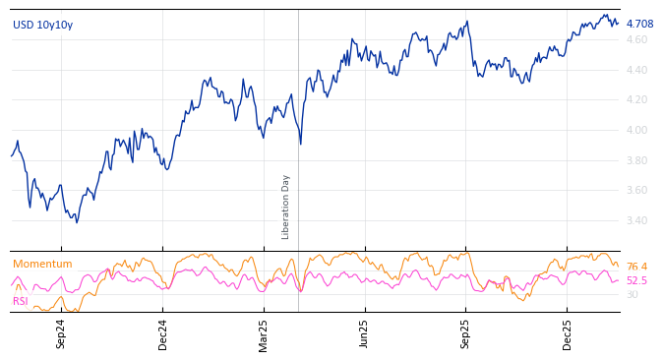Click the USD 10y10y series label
pos(42,25)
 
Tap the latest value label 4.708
pos(639,24)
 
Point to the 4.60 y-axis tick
pos(636,39)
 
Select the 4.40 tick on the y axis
pos(636,70)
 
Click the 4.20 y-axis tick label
pos(636,99)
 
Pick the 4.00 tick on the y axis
pos(636,130)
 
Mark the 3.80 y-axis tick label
pos(636,160)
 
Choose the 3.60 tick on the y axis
pos(636,190)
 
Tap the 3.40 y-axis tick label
pos(636,220)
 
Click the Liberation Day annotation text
pos(286,207)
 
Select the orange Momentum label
pos(42,264)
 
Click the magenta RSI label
pos(21,301)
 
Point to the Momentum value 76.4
pos(637,267)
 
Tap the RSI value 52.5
pos(637,280)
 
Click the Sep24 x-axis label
pos(61,334)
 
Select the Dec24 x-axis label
pos(162,334)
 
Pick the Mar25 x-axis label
pos(263,334)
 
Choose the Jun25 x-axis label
pos(364,334)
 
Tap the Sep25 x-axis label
pos(465,334)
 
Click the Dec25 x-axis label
pos(567,334)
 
